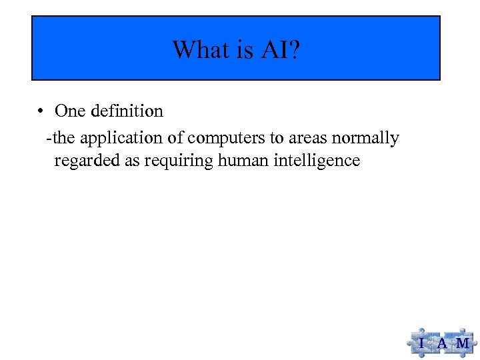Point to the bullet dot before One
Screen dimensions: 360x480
[41, 111]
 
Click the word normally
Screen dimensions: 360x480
[369, 139]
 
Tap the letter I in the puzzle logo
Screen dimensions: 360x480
[421, 343]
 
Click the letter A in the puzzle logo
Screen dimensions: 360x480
[441, 343]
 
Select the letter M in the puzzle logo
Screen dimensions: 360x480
[462, 343]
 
